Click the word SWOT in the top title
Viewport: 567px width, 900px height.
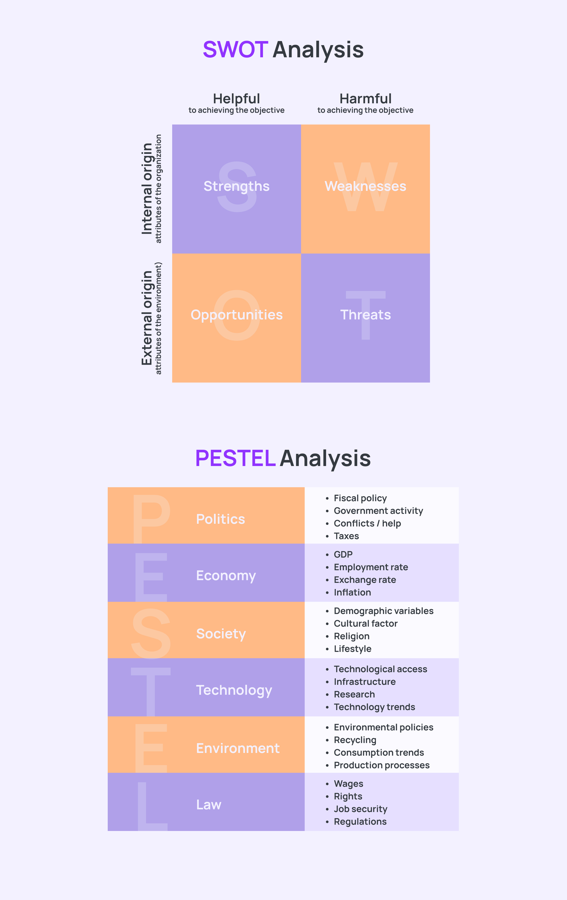coord(235,50)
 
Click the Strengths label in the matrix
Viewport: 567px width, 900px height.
coord(236,186)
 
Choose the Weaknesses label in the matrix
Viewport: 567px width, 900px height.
coord(365,186)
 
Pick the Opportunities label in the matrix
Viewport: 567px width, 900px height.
coord(236,315)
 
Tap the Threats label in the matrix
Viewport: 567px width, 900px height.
coord(365,315)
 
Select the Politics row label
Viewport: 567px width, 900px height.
coord(220,519)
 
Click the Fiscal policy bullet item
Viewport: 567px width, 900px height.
coord(360,498)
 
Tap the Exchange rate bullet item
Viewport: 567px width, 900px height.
coord(365,580)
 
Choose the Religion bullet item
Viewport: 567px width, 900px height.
coord(352,636)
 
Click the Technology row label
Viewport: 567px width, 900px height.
coord(234,690)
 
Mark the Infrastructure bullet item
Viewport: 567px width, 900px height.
coord(365,682)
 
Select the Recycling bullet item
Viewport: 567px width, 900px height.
coord(355,740)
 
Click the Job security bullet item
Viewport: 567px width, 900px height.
coord(360,809)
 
